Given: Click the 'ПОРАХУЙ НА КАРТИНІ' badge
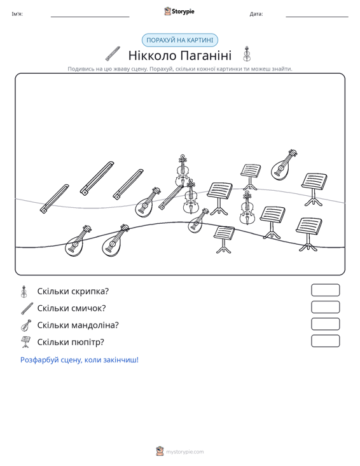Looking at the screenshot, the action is (x=180, y=40).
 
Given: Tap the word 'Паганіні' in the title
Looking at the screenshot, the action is (x=205, y=55).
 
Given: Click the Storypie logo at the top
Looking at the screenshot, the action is (x=179, y=11).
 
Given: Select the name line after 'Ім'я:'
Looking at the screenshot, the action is (x=90, y=17).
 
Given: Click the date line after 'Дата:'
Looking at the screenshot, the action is (x=317, y=17).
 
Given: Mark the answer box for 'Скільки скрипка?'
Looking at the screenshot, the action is (x=325, y=290).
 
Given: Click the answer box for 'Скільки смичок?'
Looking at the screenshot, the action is (x=325, y=307).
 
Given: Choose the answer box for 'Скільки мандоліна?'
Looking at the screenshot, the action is (x=325, y=324).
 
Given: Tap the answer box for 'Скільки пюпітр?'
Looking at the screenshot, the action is (x=325, y=341).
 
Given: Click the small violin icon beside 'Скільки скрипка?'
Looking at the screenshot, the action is (x=24, y=292).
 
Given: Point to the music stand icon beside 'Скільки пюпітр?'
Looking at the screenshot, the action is (x=25, y=342).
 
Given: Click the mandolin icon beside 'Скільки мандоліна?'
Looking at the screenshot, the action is (x=26, y=326).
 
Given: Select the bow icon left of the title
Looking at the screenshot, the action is (x=113, y=53).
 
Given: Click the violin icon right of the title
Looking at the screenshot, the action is (x=246, y=54).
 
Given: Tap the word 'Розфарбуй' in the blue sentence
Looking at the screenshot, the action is (x=39, y=360).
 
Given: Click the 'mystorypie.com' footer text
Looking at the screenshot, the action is (x=185, y=452).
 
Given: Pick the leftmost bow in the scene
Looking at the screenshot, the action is (x=55, y=198).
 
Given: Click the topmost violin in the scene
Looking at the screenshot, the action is (x=183, y=170).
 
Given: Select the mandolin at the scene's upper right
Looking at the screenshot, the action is (x=284, y=165).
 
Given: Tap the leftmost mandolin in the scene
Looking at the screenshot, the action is (x=78, y=241).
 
